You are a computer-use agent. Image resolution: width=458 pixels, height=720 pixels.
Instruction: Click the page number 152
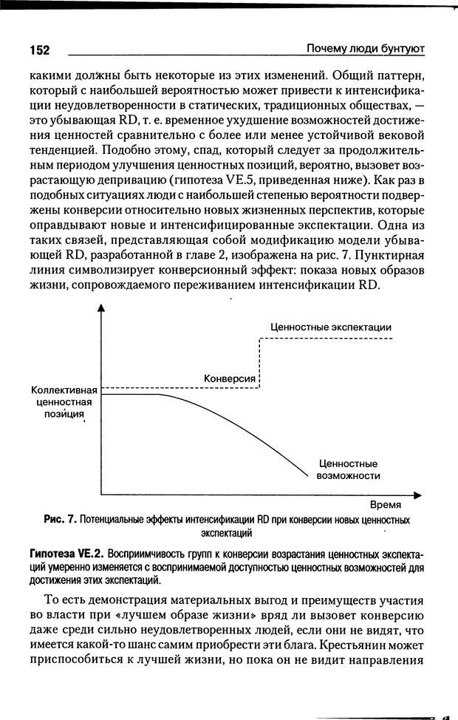pos(39,50)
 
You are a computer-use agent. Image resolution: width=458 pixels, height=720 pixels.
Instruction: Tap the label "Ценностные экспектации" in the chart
pos(331,327)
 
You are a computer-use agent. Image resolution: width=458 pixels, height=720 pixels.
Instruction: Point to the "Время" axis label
pos(386,505)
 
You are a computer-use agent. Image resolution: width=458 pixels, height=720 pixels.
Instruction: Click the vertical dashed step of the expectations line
pos(260,362)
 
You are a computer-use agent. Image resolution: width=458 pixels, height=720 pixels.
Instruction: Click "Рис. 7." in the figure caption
pos(59,520)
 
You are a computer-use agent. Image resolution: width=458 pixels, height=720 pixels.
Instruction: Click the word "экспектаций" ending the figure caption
pos(227,532)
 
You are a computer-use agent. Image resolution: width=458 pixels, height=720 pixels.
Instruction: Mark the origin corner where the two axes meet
pos(101,494)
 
